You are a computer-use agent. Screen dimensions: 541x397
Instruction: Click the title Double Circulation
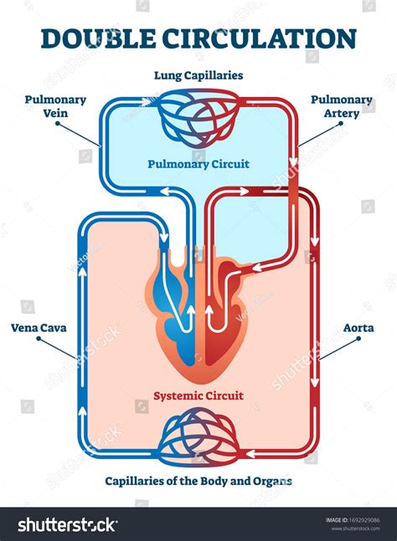pos(198,38)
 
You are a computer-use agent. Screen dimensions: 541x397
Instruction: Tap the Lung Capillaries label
pos(198,75)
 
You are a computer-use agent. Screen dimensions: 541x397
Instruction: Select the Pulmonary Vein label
pos(55,106)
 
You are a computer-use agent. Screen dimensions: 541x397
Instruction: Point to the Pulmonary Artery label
pos(342,106)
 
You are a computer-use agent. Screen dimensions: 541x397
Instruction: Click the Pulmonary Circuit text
pos(198,165)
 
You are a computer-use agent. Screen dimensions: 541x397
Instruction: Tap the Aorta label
pos(358,328)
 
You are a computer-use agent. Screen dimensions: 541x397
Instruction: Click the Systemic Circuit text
pos(198,396)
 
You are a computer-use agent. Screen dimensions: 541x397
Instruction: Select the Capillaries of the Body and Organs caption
pos(198,482)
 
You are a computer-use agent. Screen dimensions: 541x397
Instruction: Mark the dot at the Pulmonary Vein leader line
pos(56,125)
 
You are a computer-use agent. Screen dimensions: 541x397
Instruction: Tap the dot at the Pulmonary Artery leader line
pos(341,125)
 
